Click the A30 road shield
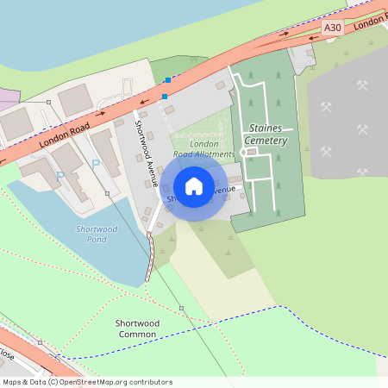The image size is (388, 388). coord(333,28)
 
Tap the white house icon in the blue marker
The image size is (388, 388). coord(194,186)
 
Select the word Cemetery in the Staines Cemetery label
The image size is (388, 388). coord(263,140)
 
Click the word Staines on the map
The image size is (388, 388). coord(263,127)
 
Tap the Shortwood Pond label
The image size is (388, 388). coord(97,234)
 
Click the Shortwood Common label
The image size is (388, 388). coord(137,329)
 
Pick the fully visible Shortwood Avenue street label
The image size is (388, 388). coord(144,152)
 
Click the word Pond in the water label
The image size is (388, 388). coord(97,239)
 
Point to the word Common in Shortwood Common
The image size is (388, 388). coord(137,334)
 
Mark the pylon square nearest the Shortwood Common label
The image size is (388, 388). coord(181,308)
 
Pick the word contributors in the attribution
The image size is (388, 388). coord(149,382)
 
